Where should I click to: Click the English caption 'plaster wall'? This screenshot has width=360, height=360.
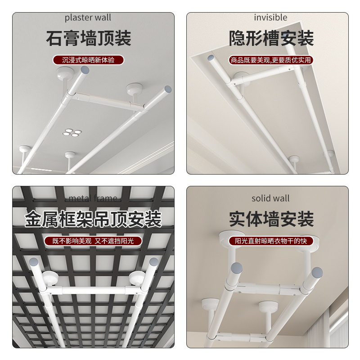click(x=88, y=18)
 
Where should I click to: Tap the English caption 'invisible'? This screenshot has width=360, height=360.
click(x=270, y=18)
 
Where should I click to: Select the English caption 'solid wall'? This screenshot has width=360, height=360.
click(x=270, y=198)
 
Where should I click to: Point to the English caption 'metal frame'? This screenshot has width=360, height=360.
click(x=93, y=198)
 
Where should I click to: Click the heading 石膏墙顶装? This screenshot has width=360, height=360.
click(x=88, y=39)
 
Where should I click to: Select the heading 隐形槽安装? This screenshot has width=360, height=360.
click(x=271, y=39)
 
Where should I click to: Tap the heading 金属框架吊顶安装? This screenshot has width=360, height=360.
click(x=93, y=220)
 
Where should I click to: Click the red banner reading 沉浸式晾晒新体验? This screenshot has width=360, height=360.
click(x=88, y=60)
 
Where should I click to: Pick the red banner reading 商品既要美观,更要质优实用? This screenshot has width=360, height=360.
click(x=271, y=60)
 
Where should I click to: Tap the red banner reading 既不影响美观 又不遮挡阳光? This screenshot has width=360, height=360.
click(x=93, y=241)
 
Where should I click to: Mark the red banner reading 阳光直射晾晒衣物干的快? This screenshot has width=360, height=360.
click(x=271, y=241)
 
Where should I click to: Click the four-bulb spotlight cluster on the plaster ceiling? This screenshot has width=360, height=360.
click(x=71, y=132)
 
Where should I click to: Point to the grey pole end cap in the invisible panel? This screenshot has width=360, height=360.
click(x=210, y=58)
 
